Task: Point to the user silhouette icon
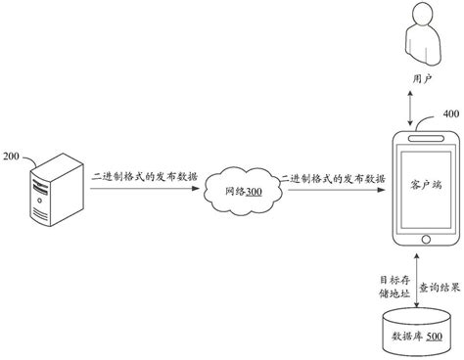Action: pos(416,39)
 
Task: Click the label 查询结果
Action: pos(441,288)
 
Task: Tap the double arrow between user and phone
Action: pos(417,107)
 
